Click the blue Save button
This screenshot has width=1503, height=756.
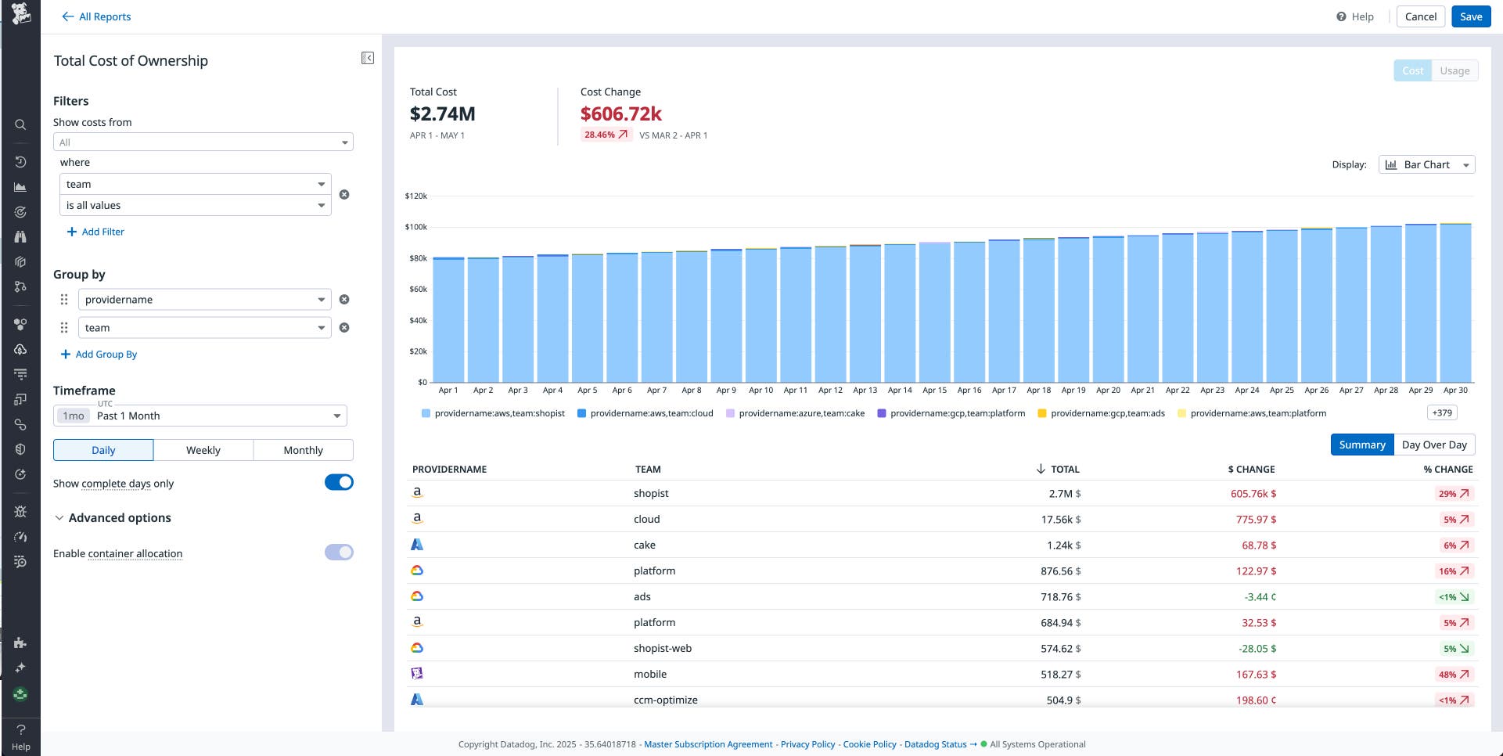1470,16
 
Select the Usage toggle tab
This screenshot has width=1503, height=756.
1454,70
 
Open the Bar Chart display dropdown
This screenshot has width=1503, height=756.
1426,164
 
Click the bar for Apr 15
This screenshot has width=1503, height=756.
934,313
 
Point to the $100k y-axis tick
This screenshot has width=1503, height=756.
416,227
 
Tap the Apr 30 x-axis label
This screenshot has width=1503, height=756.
1455,390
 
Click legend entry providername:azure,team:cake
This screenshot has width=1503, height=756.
801,413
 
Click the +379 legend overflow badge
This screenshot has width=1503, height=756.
1442,413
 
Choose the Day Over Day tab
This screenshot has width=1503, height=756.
1434,445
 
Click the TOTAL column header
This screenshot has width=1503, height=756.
1064,470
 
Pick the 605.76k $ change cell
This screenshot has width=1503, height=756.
1253,494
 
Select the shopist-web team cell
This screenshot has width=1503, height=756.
662,648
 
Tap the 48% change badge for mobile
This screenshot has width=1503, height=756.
1454,675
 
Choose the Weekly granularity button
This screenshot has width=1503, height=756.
203,450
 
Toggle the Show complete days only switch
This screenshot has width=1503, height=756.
339,483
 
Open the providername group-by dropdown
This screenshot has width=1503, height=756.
204,300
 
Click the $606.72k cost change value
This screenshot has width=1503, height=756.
620,114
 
